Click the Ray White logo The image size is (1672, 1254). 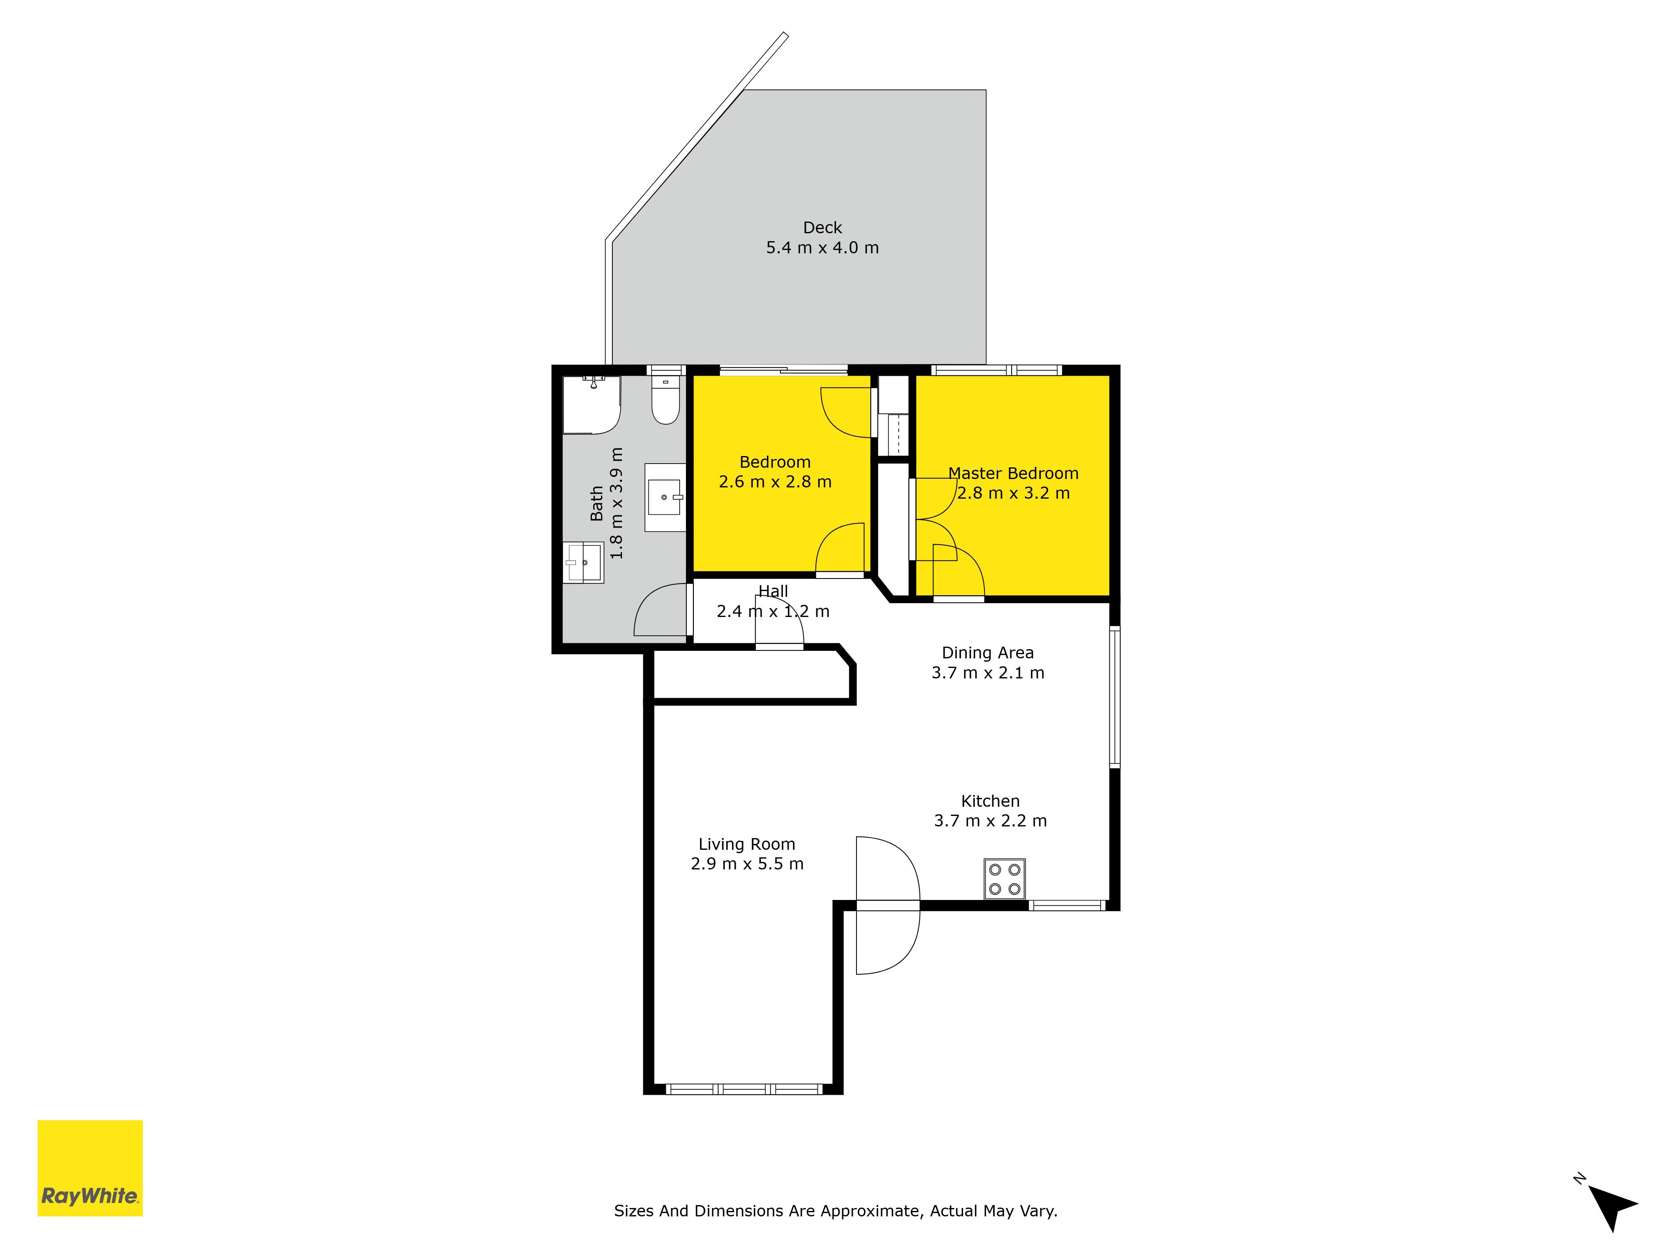[90, 1168]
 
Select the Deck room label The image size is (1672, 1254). [822, 227]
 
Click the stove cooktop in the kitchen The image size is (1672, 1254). [1004, 879]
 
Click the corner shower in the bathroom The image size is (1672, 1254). [592, 405]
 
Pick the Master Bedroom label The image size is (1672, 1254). [1014, 473]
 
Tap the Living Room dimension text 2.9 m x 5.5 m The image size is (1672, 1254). [747, 864]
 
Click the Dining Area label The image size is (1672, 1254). [988, 652]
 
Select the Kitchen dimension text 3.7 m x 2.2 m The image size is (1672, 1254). [990, 821]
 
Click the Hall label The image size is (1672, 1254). [773, 591]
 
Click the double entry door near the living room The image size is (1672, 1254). [888, 905]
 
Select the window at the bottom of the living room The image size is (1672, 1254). [744, 1089]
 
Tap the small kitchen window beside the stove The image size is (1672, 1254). [1067, 905]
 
